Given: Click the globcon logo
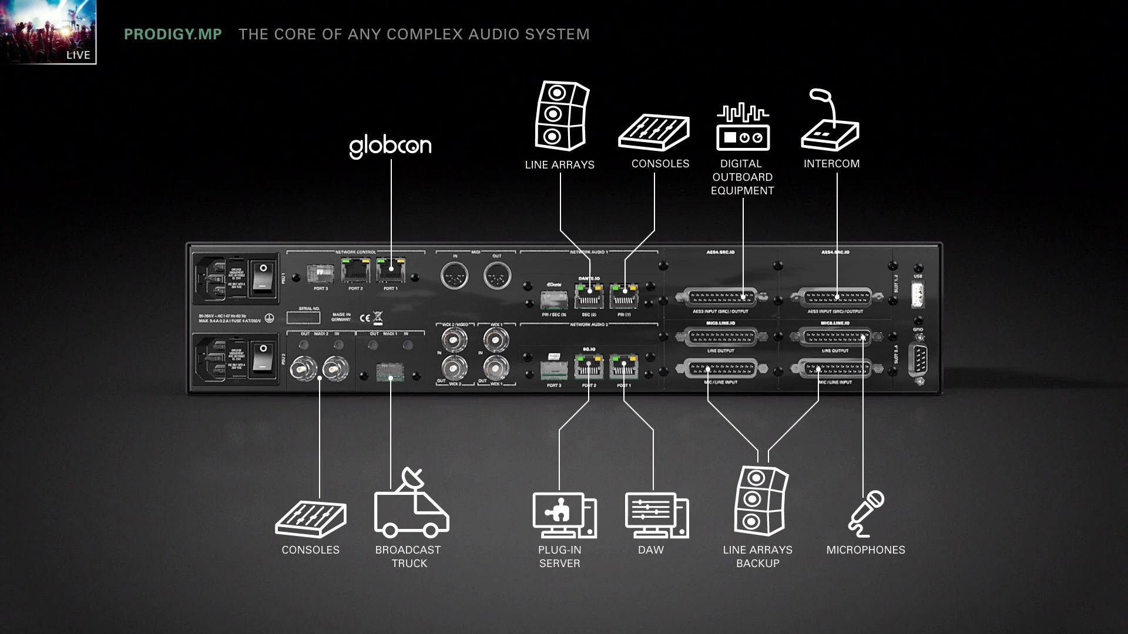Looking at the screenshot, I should tap(390, 146).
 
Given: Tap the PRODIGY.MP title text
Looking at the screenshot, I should tap(173, 34).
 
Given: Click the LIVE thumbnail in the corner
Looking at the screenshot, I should tap(48, 32).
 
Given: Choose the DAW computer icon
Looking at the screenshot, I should tap(656, 516).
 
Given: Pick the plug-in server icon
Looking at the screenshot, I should tap(564, 516).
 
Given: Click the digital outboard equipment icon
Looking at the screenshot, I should tap(743, 127).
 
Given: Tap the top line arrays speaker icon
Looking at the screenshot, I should tap(561, 117).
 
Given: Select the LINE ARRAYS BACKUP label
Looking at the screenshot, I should tap(757, 557).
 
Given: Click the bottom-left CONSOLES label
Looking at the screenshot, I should tap(310, 550).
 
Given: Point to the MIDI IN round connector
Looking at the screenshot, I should tap(455, 275).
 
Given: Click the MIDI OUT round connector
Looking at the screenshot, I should tap(497, 275).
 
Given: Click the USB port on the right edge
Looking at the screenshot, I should tap(918, 294).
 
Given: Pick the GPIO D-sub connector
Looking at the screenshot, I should tap(918, 360).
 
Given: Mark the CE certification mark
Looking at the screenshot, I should tap(365, 318).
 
